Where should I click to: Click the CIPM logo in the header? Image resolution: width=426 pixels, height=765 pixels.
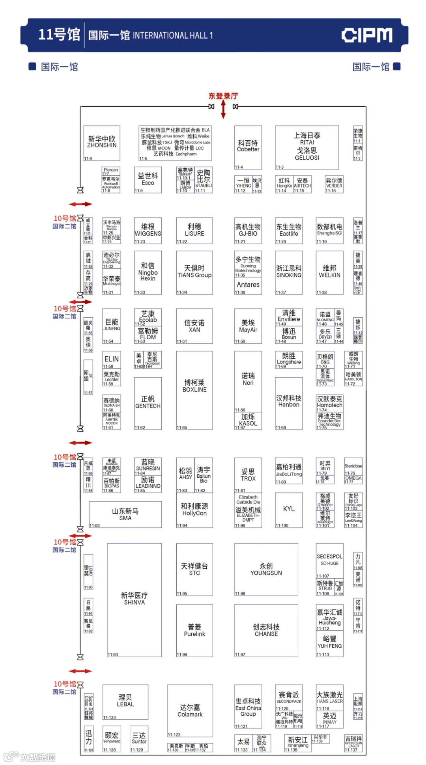point(366,35)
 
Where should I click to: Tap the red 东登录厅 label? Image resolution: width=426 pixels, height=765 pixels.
point(223,96)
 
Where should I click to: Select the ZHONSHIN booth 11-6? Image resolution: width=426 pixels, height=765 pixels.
point(102,143)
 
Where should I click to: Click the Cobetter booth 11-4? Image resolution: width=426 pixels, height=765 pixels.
point(248,147)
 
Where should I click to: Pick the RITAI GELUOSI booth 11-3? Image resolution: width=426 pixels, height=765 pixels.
point(307,147)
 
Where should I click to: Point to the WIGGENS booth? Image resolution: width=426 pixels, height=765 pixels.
point(148,231)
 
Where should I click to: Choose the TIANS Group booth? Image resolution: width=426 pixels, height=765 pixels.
point(194,272)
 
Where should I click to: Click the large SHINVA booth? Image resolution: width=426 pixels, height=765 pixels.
point(135,599)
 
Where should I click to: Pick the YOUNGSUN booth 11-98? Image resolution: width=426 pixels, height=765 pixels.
point(266,570)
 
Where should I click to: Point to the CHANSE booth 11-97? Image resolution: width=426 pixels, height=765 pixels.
point(266,630)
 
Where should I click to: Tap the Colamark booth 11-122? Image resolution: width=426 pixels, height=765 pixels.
point(190,711)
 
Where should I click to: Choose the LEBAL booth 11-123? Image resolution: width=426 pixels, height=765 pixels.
point(125,702)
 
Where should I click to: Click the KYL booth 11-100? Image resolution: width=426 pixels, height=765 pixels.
point(289,510)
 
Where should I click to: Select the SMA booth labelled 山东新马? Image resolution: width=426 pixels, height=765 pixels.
point(125,514)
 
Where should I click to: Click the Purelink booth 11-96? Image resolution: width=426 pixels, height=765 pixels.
point(194,630)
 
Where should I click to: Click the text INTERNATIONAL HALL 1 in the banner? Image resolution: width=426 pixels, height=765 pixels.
point(173,35)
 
